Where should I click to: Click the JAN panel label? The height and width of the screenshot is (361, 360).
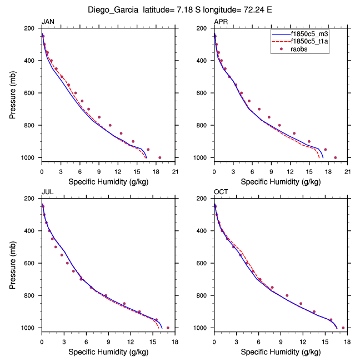(48, 22)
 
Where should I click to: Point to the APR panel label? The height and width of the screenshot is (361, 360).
(221, 22)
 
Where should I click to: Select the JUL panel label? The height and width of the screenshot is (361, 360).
(48, 192)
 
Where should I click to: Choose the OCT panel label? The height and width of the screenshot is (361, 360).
(221, 192)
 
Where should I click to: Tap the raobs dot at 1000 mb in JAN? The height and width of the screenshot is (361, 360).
(160, 157)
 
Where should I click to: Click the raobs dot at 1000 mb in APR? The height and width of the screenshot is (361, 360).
(335, 157)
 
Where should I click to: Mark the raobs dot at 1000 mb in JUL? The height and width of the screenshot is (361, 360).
(168, 328)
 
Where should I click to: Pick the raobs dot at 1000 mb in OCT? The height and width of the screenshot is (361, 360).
(343, 328)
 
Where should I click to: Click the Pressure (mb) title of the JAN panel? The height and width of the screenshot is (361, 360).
(13, 93)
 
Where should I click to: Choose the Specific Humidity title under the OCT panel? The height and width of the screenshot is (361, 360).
(280, 352)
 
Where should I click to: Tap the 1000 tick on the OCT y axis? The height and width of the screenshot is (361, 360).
(203, 328)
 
